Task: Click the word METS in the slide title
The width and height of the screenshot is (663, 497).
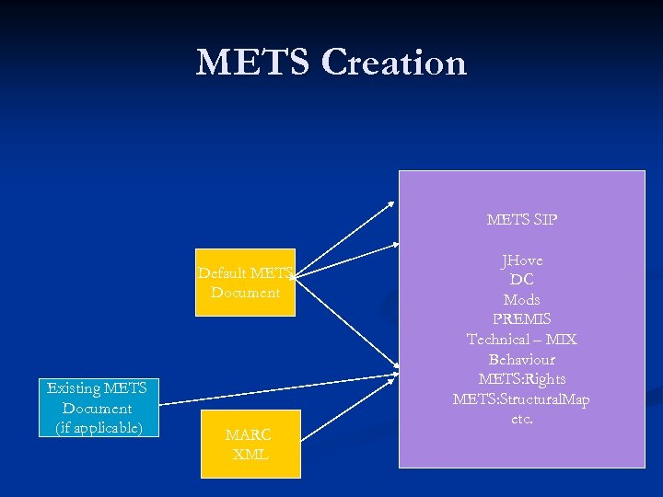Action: tap(253, 63)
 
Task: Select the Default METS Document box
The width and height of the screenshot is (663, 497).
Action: tap(245, 283)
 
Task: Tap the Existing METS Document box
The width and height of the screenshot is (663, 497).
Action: tap(98, 408)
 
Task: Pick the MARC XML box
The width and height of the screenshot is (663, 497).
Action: tap(250, 444)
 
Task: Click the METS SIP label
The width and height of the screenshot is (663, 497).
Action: tap(522, 220)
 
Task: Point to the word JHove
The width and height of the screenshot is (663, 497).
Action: tap(522, 260)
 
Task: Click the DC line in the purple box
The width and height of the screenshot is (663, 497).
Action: tap(522, 280)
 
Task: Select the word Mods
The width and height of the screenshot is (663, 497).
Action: tap(522, 300)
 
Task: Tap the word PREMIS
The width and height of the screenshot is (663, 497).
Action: tap(522, 319)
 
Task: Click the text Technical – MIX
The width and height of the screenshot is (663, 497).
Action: tap(522, 340)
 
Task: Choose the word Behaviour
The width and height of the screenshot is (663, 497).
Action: tap(522, 359)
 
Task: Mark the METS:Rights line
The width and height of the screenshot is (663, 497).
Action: tap(522, 379)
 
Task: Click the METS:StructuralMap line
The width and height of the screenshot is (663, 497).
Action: tap(522, 399)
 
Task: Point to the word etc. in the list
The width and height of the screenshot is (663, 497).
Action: tap(522, 419)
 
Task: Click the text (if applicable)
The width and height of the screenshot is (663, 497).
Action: tap(98, 428)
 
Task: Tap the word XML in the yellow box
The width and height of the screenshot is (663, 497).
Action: tap(250, 455)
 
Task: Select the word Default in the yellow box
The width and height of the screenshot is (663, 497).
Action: tap(222, 272)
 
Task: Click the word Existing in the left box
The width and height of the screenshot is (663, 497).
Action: tap(75, 388)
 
